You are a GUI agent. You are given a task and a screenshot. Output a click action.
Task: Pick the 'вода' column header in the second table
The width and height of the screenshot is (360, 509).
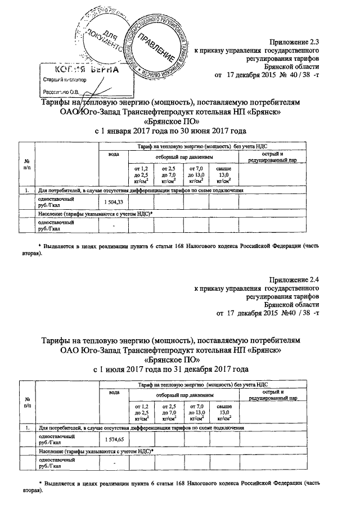pos(114,393)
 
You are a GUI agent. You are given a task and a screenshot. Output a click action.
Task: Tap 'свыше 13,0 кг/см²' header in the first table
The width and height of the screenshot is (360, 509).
pos(224,174)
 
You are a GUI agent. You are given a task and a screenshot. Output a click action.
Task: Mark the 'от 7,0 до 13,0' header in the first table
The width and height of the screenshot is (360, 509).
pos(196,174)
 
